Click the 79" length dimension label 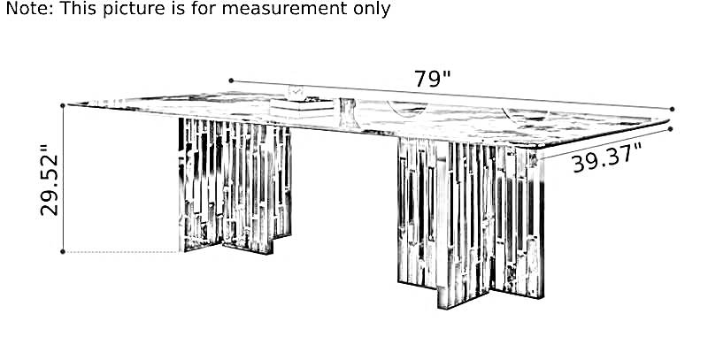pyautogui.click(x=433, y=79)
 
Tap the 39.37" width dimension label pyautogui.click(x=607, y=157)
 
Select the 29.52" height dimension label pyautogui.click(x=50, y=180)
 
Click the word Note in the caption pyautogui.click(x=29, y=8)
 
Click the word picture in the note pyautogui.click(x=134, y=9)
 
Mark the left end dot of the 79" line pyautogui.click(x=231, y=80)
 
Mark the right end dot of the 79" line pyautogui.click(x=672, y=109)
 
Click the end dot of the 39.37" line pyautogui.click(x=670, y=129)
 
